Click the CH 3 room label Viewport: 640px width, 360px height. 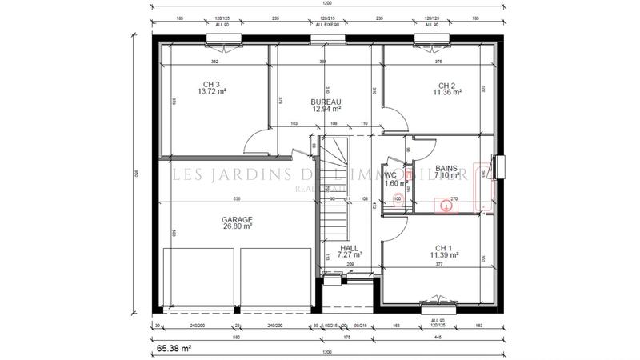(x=210, y=85)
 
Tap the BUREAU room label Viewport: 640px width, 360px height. (x=326, y=102)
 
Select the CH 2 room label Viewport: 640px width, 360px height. (x=446, y=86)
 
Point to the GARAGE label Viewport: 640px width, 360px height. (x=238, y=218)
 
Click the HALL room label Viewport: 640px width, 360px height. (x=349, y=248)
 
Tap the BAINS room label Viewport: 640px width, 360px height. (x=446, y=168)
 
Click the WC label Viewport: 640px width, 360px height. (x=391, y=174)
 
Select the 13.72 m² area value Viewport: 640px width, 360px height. (x=212, y=92)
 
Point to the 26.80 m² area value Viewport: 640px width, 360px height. (x=238, y=226)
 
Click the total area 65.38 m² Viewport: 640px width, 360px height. (x=173, y=349)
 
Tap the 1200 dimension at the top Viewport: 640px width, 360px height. (x=326, y=5)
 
